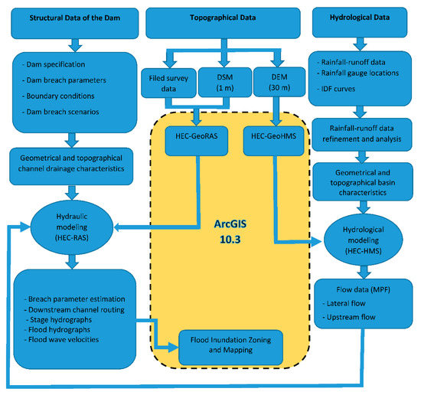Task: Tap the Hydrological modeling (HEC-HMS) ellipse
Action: pos(360,237)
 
